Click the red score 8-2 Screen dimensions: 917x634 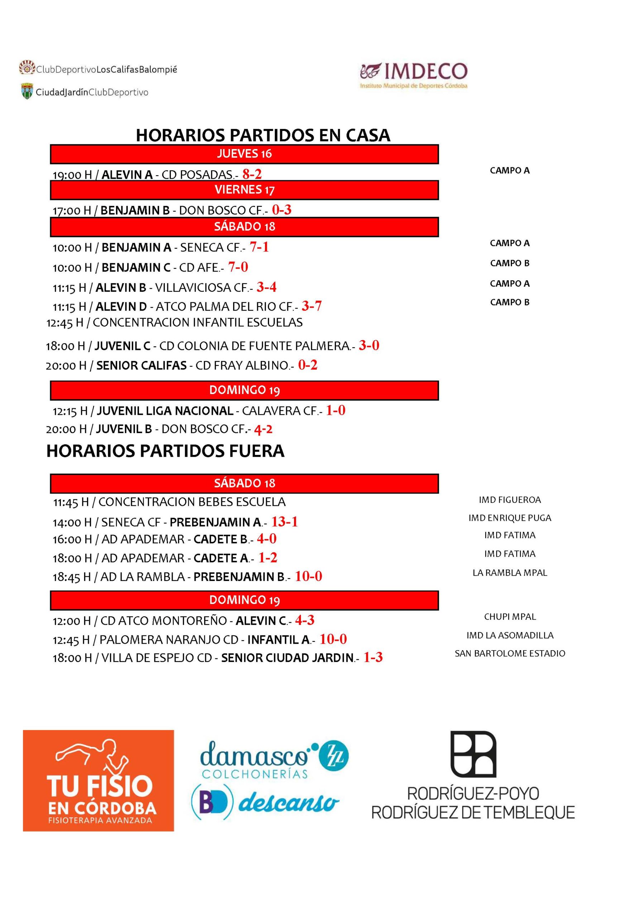(x=252, y=174)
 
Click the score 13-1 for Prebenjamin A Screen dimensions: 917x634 (x=284, y=522)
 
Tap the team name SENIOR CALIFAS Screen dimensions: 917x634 (x=141, y=365)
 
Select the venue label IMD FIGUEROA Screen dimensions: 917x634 (x=510, y=500)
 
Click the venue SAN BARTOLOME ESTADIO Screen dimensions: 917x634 (x=510, y=653)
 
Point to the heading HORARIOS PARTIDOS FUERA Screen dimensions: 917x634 (x=165, y=451)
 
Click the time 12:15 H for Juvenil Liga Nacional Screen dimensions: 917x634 (x=70, y=411)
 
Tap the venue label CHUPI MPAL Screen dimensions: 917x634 (x=510, y=617)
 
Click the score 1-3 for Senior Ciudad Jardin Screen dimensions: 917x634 (x=373, y=657)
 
